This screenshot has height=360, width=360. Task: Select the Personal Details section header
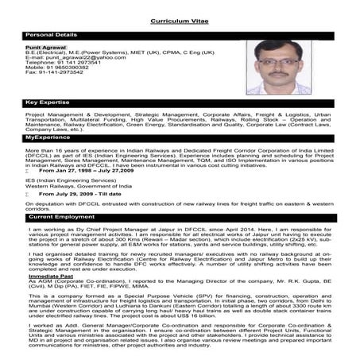(52, 35)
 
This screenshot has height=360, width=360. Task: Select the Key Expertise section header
(48, 103)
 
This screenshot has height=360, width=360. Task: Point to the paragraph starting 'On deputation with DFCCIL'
(180, 206)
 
